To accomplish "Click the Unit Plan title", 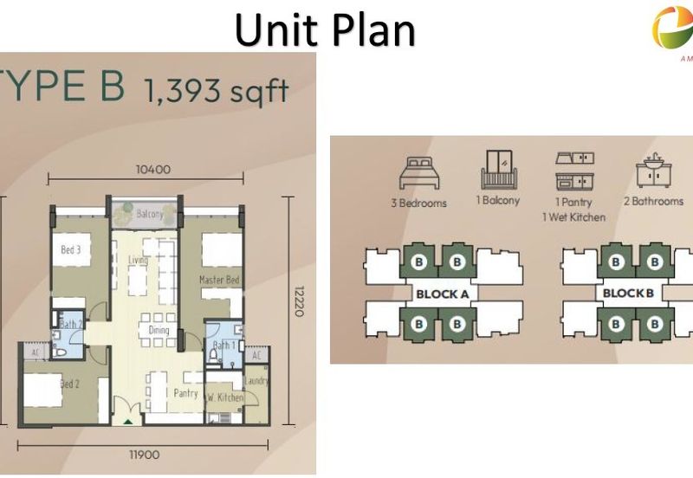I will coord(325,29).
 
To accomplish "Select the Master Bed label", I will coord(218,280).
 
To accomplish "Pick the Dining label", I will coord(159,330).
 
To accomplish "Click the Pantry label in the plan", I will coord(186,392).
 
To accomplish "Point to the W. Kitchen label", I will coord(224,397).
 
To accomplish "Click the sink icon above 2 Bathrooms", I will coord(653,172).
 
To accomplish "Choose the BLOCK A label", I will coord(442,294).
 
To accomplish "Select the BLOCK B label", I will coord(628,294).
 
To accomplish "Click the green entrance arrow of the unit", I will coord(128,423).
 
